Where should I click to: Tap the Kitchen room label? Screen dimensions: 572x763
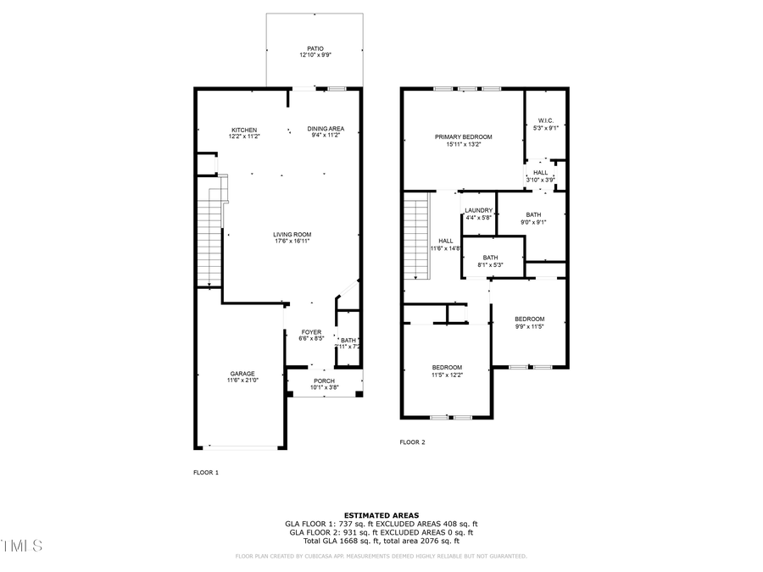[243, 130]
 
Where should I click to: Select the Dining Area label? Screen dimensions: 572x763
[326, 129]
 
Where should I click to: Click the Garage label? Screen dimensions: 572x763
[242, 374]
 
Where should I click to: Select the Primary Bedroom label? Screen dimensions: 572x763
[463, 136]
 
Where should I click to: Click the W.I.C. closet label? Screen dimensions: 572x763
[545, 121]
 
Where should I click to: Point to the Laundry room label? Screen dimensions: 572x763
[479, 210]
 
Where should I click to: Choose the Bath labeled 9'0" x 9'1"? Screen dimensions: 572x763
[533, 215]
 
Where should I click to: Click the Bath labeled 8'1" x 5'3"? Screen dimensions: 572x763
[491, 258]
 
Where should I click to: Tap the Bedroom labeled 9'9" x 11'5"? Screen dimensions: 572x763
[529, 319]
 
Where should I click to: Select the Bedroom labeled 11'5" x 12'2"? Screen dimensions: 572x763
[447, 367]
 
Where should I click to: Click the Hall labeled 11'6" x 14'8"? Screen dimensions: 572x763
[445, 241]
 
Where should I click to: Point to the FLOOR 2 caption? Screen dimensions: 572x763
[412, 442]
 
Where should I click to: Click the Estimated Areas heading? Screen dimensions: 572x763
[381, 515]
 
